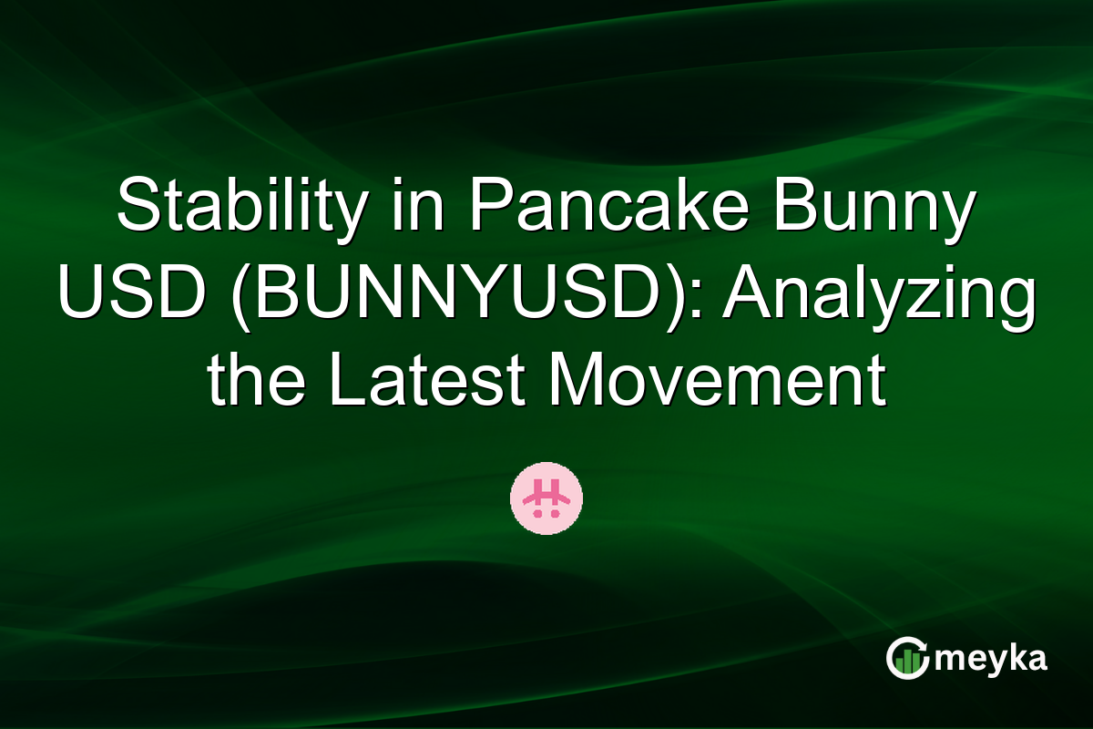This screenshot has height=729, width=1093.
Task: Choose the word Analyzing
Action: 879,298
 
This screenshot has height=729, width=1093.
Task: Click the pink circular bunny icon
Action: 546,498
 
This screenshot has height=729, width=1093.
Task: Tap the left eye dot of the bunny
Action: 538,514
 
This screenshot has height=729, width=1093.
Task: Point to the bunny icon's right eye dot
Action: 554,514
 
